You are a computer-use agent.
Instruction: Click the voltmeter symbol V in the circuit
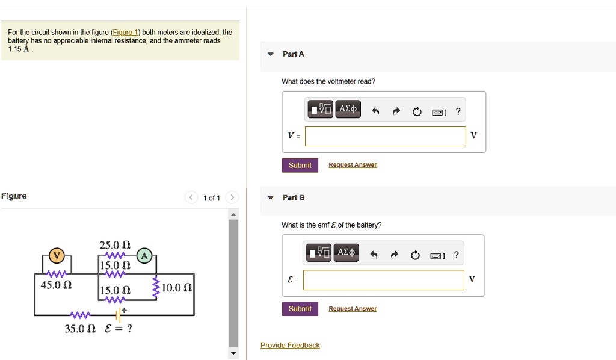click(56, 255)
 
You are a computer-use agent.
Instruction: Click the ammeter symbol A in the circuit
click(144, 255)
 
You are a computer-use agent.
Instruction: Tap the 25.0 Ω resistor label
click(115, 245)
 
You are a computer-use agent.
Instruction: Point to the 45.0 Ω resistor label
click(56, 285)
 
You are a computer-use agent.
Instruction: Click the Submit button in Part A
click(300, 165)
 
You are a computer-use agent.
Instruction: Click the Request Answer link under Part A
click(353, 165)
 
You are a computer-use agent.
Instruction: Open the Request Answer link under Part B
click(353, 309)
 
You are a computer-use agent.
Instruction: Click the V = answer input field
click(385, 136)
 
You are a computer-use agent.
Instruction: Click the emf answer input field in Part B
click(384, 280)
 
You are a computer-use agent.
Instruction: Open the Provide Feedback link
click(290, 345)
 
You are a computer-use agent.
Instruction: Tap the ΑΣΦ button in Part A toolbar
click(348, 109)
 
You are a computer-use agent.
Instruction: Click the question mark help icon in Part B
click(456, 255)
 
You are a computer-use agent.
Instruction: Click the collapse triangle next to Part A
click(271, 54)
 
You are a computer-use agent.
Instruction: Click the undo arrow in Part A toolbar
click(375, 111)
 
